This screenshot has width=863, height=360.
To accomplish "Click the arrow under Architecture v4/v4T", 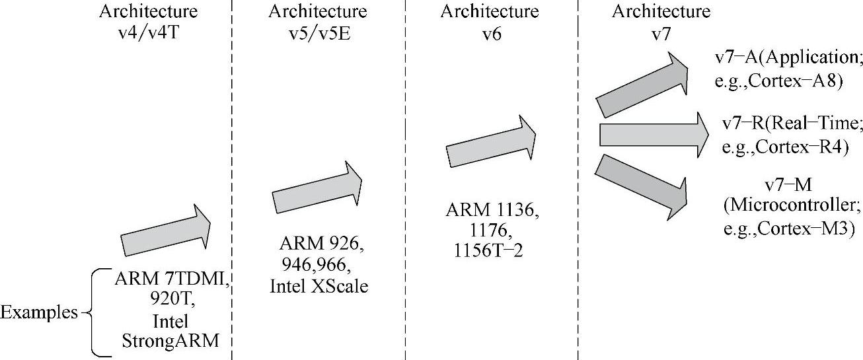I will click(165, 231).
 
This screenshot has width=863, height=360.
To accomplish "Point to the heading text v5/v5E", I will click(318, 32).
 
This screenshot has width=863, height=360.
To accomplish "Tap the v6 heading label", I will click(491, 32).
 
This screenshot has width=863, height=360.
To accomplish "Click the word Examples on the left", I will click(38, 312).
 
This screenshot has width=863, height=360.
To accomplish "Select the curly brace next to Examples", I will click(93, 312).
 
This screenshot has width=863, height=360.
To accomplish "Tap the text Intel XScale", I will click(319, 287).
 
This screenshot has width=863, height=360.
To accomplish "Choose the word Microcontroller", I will click(792, 206).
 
